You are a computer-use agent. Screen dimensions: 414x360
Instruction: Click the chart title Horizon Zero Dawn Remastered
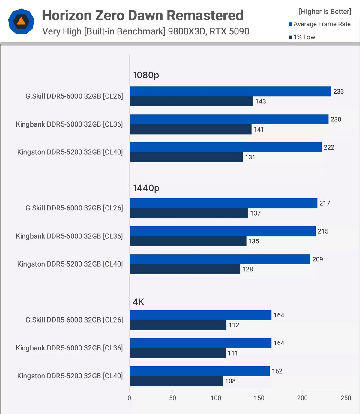(142, 16)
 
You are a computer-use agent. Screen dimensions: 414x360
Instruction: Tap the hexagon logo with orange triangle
(21, 22)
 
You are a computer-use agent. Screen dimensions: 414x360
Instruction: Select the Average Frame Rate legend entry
(319, 24)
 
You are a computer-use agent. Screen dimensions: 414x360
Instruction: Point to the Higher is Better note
(325, 12)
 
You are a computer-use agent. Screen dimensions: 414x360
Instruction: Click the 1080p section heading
(146, 75)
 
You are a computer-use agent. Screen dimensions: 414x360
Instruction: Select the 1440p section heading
(146, 188)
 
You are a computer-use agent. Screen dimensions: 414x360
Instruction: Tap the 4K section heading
(139, 302)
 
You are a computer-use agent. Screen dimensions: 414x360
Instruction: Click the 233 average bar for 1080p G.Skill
(230, 91)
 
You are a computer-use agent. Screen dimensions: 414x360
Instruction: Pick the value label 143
(261, 101)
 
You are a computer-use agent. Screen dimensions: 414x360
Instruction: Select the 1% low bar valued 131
(186, 157)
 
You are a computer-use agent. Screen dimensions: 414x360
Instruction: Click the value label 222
(329, 147)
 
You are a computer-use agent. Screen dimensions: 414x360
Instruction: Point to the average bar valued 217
(223, 203)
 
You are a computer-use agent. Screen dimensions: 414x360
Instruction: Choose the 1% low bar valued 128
(185, 269)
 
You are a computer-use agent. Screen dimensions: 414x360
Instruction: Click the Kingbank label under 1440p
(69, 236)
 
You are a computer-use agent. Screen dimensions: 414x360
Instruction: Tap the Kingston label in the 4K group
(70, 376)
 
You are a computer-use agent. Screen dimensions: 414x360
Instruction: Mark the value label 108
(230, 381)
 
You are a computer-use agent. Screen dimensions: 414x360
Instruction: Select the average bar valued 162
(199, 371)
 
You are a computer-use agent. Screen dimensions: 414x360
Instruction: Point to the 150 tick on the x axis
(259, 398)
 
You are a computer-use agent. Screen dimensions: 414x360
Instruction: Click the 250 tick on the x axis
(346, 398)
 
